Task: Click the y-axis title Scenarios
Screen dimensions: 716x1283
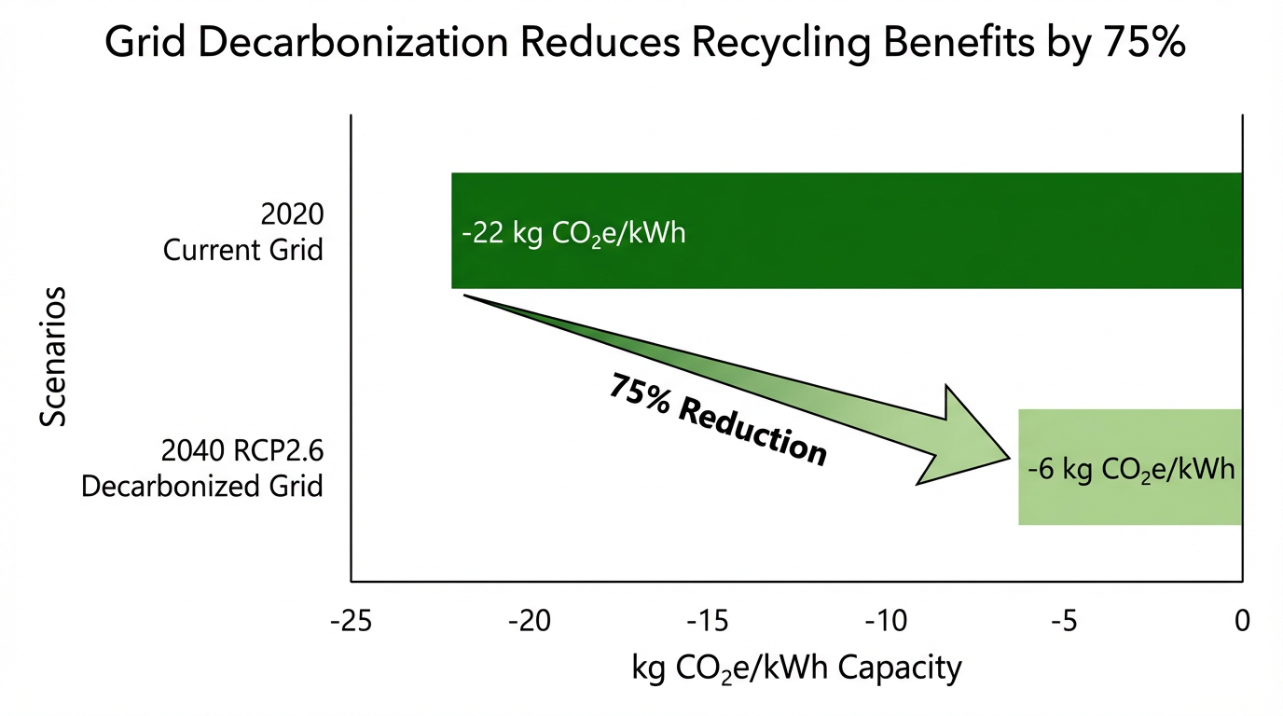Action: pos(54,357)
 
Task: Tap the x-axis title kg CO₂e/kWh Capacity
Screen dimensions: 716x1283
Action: pos(795,668)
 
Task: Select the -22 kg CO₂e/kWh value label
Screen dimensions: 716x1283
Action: pos(573,232)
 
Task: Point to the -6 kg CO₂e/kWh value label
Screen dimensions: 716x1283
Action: pos(1130,469)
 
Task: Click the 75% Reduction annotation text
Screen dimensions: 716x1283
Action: pos(717,420)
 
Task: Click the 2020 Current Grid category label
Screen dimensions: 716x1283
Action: pos(243,233)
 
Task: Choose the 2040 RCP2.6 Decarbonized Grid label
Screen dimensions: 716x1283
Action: pos(203,469)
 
